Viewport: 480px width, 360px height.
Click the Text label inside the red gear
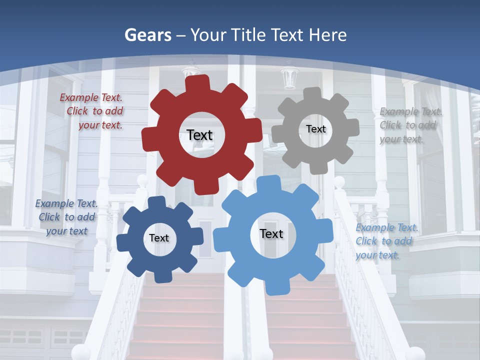[x=199, y=135]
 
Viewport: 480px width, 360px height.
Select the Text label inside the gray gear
[x=315, y=129]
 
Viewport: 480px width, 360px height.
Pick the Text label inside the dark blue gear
[x=159, y=238]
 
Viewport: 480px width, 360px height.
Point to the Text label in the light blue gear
[x=271, y=233]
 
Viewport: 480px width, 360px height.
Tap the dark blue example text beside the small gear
[x=66, y=217]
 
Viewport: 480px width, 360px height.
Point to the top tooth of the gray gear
[x=312, y=93]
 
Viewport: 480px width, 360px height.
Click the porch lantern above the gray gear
[x=289, y=76]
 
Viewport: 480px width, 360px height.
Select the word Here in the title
[x=328, y=35]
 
